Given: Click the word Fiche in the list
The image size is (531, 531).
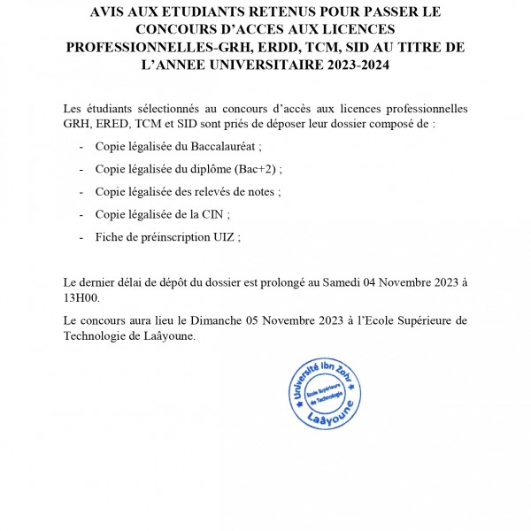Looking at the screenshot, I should [109, 237].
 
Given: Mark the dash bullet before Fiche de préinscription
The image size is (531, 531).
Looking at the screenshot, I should [82, 237].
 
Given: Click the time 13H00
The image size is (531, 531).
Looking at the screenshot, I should [85, 298].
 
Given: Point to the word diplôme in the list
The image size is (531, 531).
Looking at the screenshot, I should [218, 169].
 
